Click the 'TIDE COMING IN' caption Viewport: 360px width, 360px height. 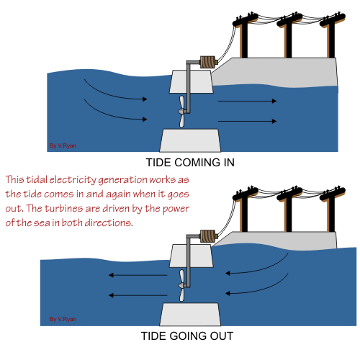point(190,162)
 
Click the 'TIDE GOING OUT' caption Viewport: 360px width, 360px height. point(187,336)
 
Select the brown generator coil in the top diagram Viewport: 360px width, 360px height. point(208,63)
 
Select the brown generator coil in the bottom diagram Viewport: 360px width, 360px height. point(207,236)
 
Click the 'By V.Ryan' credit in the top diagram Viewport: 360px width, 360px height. point(62,145)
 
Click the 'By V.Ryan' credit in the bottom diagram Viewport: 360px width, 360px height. point(62,318)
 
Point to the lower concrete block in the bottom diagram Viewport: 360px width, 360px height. point(190,313)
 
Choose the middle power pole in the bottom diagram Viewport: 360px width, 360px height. point(288,209)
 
